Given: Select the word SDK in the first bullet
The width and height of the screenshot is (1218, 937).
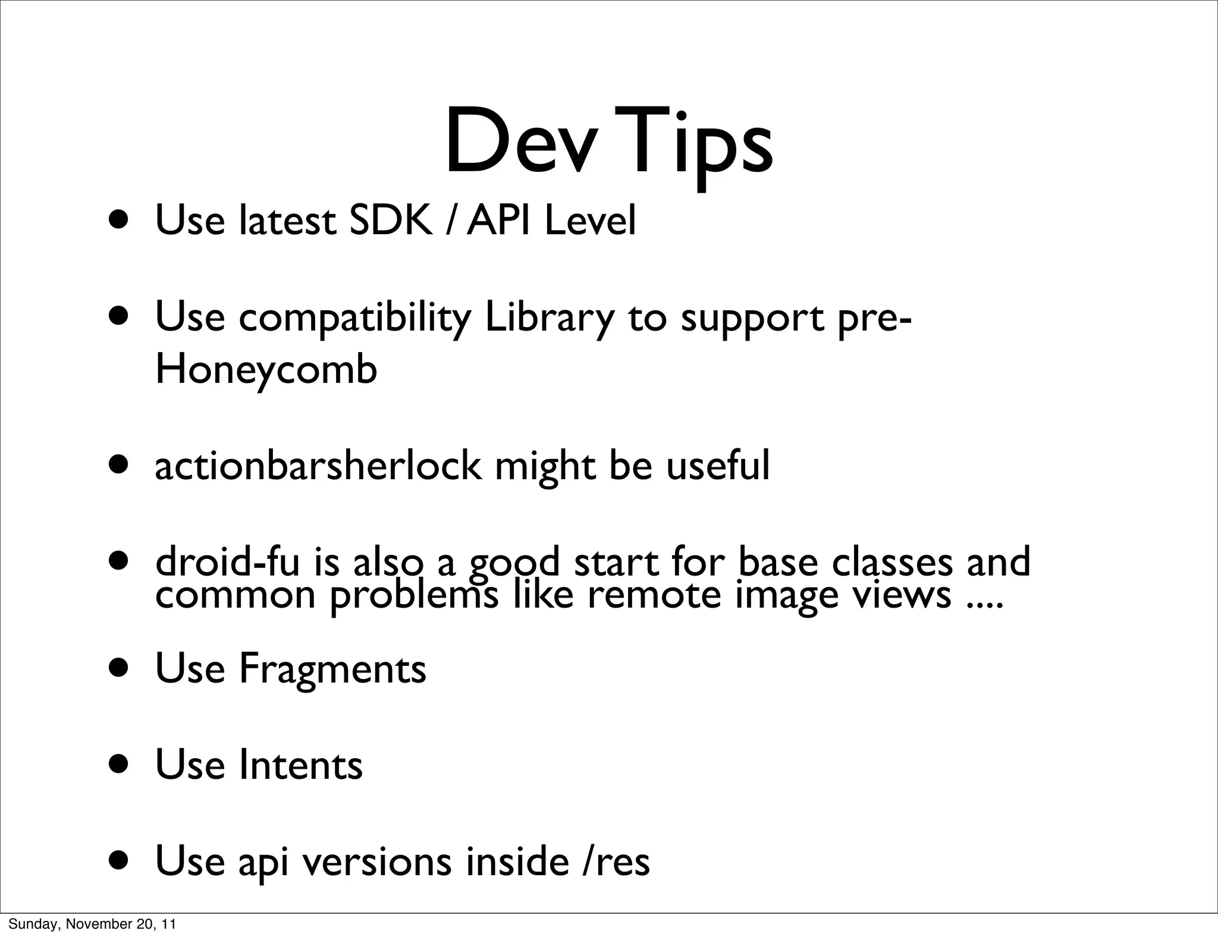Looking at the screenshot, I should tap(390, 221).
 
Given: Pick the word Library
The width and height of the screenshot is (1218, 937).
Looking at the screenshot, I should tap(550, 319).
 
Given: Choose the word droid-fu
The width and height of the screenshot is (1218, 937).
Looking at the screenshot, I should tap(227, 562).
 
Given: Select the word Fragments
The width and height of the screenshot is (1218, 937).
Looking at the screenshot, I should tap(332, 669).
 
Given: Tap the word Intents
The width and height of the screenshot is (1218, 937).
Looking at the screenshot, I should tap(300, 765).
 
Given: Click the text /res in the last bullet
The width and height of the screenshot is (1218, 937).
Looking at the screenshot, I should tap(616, 861).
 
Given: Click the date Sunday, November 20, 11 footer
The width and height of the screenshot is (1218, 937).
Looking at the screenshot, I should tap(92, 924).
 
